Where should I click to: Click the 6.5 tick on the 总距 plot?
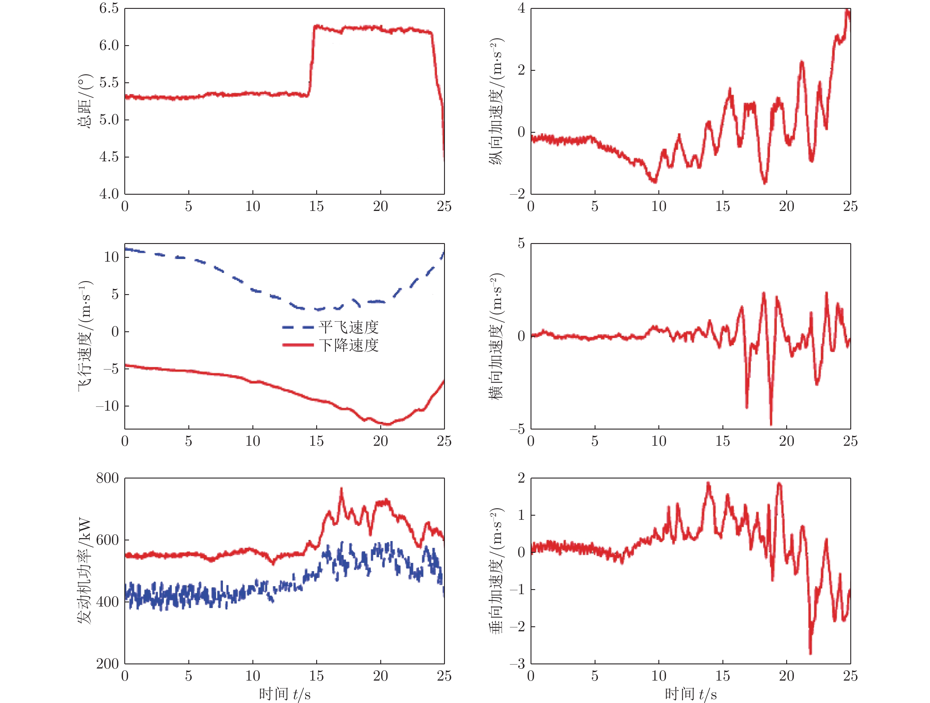coord(108,8)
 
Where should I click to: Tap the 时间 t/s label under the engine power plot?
coord(285,694)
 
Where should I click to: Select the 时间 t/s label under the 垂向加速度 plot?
coord(691,694)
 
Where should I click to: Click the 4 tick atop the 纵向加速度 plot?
coord(521,8)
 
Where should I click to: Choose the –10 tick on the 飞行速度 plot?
coord(108,406)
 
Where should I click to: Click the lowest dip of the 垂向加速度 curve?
coord(810,653)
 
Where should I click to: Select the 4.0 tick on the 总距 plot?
coord(108,194)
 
